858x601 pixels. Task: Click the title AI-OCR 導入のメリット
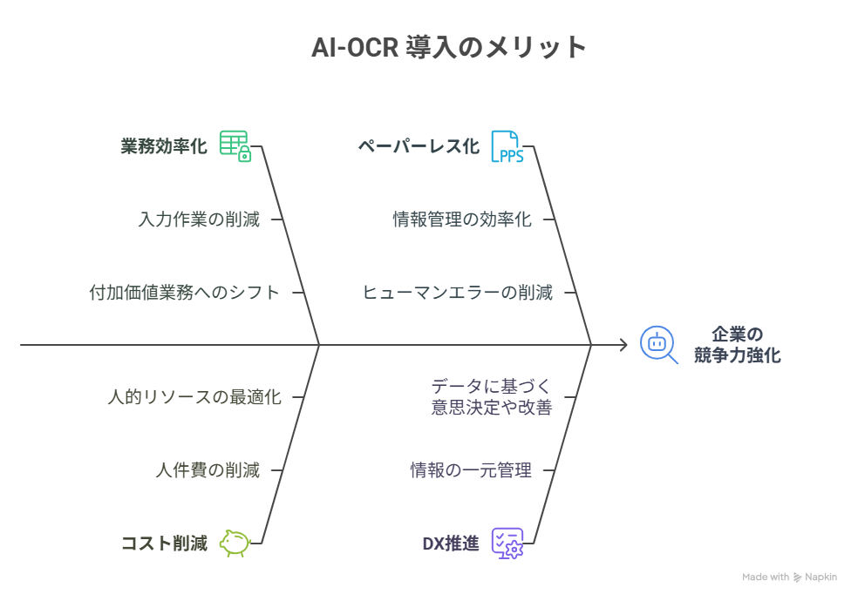pos(449,47)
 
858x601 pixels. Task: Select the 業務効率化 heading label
pos(164,146)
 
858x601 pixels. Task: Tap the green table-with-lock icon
pos(235,145)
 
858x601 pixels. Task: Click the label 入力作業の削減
pos(199,219)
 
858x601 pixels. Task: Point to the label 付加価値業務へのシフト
pos(185,293)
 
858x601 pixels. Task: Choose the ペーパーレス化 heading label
pos(419,146)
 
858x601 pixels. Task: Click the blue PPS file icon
pos(507,146)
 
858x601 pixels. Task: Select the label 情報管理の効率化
pos(462,219)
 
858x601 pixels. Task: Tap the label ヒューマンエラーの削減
pos(457,293)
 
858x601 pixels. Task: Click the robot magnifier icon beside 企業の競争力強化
pos(658,344)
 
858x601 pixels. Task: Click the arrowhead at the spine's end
pos(623,345)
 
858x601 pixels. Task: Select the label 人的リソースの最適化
pos(194,397)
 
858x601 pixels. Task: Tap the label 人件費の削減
pos(208,470)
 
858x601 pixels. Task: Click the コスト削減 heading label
pos(164,544)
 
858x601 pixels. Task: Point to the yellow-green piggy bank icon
pos(234,543)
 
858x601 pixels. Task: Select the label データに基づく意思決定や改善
pos(492,396)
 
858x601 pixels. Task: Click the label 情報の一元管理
pos(471,470)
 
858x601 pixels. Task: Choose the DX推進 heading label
pos(451,544)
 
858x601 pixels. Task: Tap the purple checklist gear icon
pos(507,543)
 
